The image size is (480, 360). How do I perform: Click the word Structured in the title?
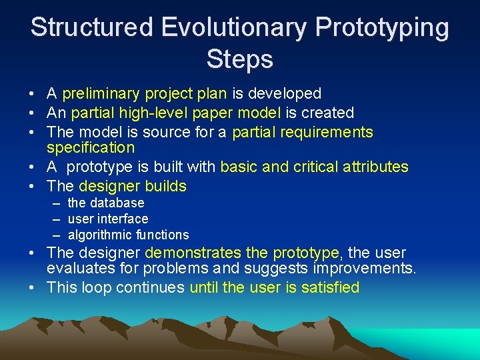pyautogui.click(x=91, y=28)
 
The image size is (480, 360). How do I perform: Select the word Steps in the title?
pyautogui.click(x=240, y=59)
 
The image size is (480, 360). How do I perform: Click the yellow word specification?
pyautogui.click(x=91, y=147)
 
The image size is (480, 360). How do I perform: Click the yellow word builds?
pyautogui.click(x=165, y=186)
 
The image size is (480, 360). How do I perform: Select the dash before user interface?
pyautogui.click(x=55, y=219)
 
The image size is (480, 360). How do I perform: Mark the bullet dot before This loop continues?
pyautogui.click(x=33, y=288)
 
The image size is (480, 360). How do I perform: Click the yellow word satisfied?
pyautogui.click(x=328, y=288)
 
